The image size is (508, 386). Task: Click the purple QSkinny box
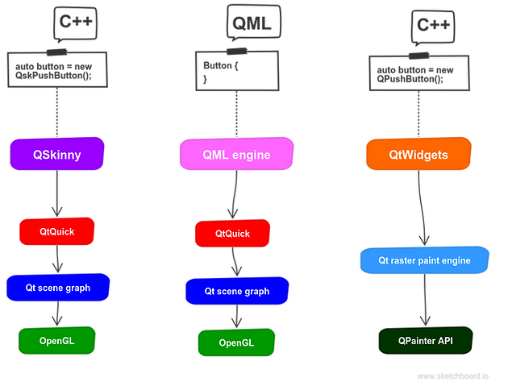tap(57, 154)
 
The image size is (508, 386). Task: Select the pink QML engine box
tap(236, 154)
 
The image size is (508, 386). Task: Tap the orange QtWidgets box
tap(418, 154)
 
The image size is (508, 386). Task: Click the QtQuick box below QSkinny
tap(57, 231)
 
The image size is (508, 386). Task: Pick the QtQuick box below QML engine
tap(232, 233)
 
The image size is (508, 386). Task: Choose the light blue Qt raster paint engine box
tap(424, 260)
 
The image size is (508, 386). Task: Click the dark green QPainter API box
tap(426, 340)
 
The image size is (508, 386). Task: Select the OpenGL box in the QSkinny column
tap(57, 340)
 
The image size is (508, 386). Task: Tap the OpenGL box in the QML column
tap(236, 342)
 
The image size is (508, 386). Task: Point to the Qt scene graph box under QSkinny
tap(58, 287)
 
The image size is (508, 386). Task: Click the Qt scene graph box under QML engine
tap(237, 291)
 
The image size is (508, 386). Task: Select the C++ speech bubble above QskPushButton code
tap(76, 23)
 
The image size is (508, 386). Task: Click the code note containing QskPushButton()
tap(57, 69)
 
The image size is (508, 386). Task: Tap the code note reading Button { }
tap(237, 70)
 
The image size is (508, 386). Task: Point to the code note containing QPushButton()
tap(419, 73)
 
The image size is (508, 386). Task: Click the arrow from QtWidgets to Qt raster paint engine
tap(421, 208)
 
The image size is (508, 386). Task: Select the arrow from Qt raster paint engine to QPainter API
tap(425, 300)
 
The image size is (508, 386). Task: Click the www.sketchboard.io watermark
tap(453, 376)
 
